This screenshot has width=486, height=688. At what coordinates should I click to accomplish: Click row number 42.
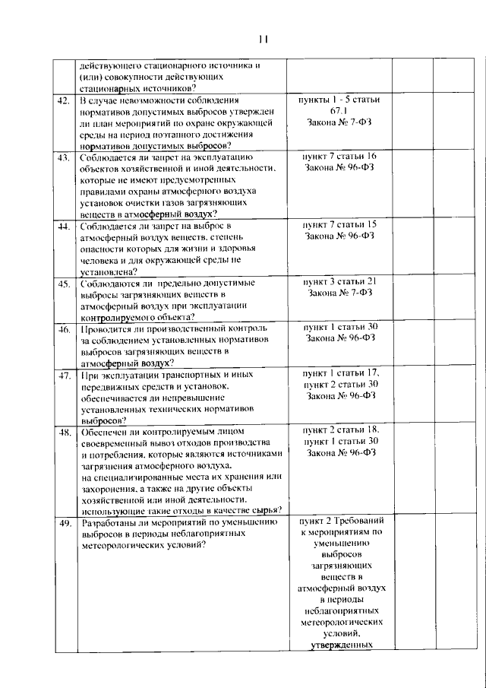[64, 100]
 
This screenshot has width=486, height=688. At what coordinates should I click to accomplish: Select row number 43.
[64, 157]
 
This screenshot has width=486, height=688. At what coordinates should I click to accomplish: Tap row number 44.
[64, 227]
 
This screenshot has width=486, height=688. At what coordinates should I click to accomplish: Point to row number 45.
[64, 284]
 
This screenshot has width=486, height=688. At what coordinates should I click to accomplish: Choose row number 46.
[64, 329]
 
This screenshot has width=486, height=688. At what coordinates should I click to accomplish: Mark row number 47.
[64, 376]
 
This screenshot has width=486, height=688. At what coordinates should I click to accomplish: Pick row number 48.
[64, 433]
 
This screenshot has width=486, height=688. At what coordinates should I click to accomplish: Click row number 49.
[64, 525]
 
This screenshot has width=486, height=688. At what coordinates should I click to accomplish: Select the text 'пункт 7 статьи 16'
[340, 157]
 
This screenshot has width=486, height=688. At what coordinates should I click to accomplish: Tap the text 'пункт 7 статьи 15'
[340, 226]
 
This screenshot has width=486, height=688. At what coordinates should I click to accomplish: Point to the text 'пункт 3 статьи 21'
[340, 283]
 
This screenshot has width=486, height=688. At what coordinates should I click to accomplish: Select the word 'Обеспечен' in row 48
[104, 432]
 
